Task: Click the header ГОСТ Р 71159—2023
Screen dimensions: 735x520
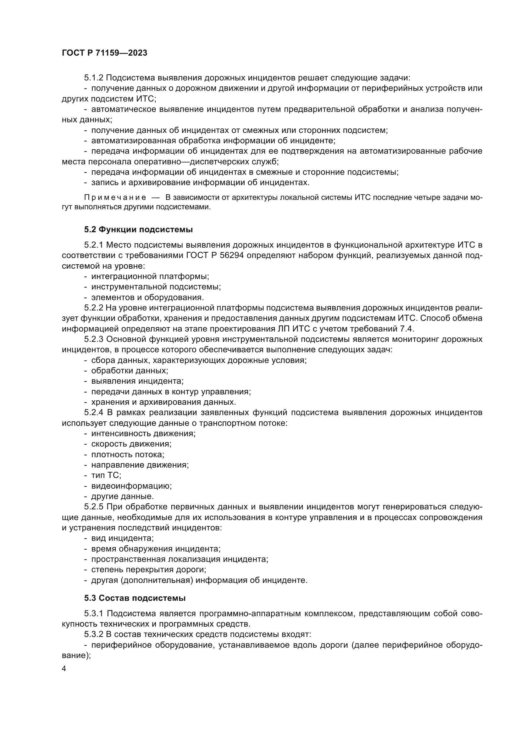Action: coord(104,53)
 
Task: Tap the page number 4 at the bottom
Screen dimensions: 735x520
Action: coord(64,669)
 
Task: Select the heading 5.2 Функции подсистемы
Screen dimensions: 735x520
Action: coord(138,229)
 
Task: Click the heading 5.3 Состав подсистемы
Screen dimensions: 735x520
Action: coord(135,598)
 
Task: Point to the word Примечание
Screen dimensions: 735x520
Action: coord(115,198)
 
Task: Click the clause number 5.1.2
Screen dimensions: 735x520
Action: coord(93,78)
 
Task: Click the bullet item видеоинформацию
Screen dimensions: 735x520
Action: coord(131,486)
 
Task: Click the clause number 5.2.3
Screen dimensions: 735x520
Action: coord(93,339)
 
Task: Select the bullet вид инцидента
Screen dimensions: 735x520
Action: coord(122,538)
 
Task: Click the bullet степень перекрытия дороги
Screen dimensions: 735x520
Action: coord(148,569)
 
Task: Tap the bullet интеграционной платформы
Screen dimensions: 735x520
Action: coord(150,276)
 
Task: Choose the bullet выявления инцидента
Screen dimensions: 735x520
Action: coord(137,381)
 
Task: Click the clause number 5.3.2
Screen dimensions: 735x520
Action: coord(93,634)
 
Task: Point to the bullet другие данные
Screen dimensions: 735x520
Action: coord(122,496)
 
